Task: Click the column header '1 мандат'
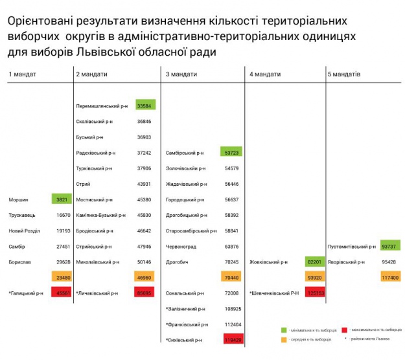[x=22, y=74]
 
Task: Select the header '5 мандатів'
[x=344, y=74]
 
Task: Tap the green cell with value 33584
[x=145, y=106]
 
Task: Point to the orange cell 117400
[x=390, y=277]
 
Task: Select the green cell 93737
[x=390, y=246]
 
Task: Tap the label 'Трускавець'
[x=23, y=215]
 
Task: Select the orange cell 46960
[x=145, y=277]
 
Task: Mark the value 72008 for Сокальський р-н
[x=232, y=293]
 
